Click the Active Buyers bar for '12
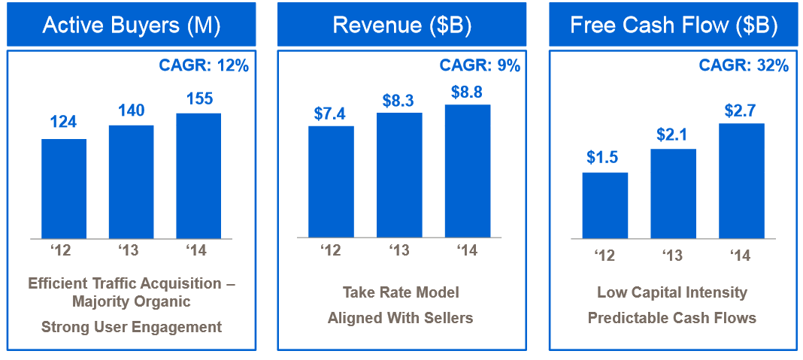[x=64, y=189]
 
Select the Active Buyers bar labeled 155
[x=198, y=176]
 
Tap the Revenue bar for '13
[x=399, y=174]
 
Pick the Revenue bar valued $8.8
[x=468, y=171]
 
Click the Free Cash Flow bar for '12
[x=605, y=205]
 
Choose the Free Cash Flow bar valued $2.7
[x=741, y=180]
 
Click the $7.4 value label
[x=331, y=113]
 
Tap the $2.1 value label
[x=673, y=135]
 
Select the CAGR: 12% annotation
[x=203, y=65]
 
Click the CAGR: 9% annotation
[x=480, y=65]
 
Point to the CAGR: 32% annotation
[x=743, y=65]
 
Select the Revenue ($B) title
[x=401, y=25]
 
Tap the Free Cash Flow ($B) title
[x=673, y=25]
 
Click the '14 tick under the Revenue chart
[x=467, y=250]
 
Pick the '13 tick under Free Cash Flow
[x=672, y=256]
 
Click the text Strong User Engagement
[x=131, y=327]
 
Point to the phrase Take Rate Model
[x=401, y=292]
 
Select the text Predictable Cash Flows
[x=671, y=318]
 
